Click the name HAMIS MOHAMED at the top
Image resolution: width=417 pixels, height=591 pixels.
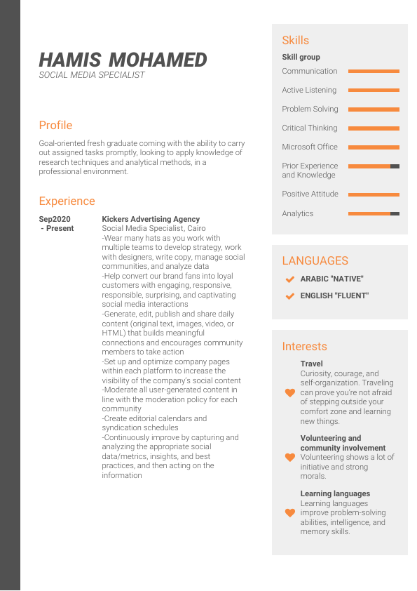click(x=123, y=60)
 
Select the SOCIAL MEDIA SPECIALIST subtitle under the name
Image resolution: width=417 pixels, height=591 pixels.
click(x=92, y=75)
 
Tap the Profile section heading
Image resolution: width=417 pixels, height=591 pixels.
click(x=55, y=125)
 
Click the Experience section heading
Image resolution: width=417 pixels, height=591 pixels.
click(x=67, y=201)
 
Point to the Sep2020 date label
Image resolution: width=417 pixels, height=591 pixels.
click(x=55, y=219)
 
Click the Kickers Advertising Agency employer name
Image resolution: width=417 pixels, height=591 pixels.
click(x=151, y=219)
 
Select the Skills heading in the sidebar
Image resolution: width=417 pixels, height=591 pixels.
click(x=295, y=40)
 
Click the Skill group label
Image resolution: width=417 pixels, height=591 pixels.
click(x=301, y=57)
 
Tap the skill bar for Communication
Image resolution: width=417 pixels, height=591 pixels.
click(x=374, y=71)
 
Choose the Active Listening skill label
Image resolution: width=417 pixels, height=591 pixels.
click(x=309, y=90)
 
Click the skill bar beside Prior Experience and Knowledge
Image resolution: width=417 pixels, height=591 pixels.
click(x=374, y=166)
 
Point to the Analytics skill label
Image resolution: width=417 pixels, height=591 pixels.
click(x=298, y=213)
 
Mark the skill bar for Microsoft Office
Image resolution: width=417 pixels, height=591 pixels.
click(x=374, y=147)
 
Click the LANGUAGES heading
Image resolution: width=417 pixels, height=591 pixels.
click(x=315, y=260)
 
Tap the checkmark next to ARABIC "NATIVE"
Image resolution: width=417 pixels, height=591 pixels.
click(x=289, y=279)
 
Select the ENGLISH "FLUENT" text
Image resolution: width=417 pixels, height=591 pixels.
click(x=334, y=295)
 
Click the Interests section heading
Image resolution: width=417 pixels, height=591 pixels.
click(x=304, y=346)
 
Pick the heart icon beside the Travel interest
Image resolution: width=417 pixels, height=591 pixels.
click(x=289, y=393)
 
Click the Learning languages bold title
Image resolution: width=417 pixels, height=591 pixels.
click(x=335, y=493)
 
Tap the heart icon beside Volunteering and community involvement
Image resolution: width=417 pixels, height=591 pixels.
click(x=289, y=457)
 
